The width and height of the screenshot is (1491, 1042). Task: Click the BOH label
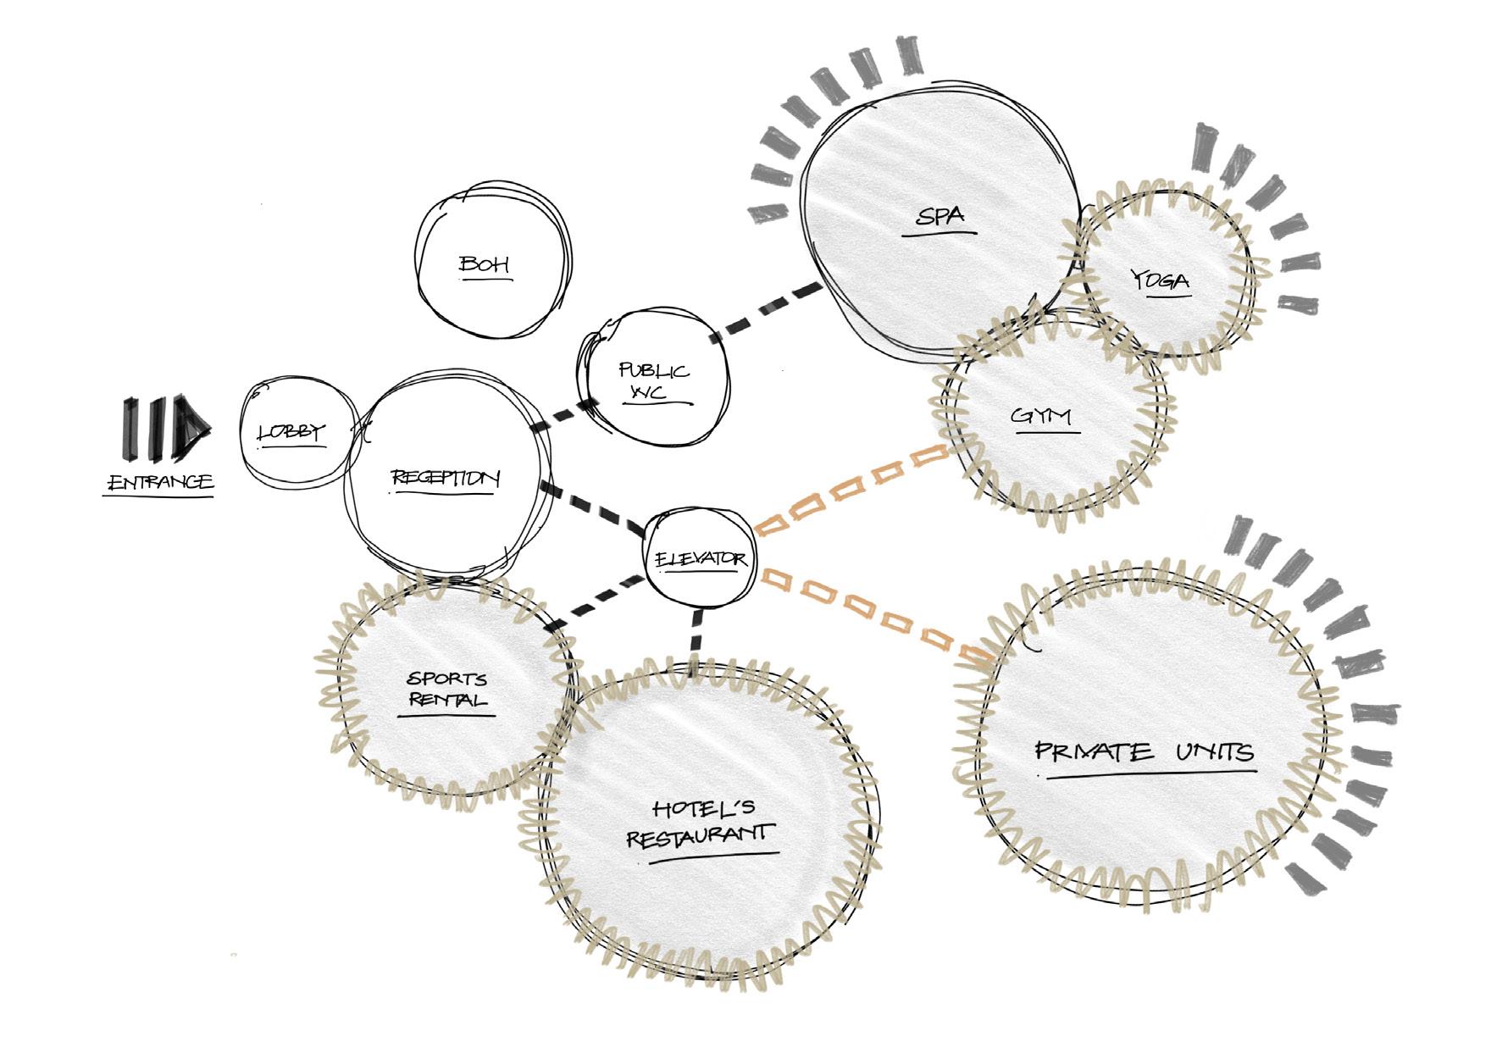pos(485,265)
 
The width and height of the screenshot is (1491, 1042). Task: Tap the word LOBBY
pos(291,432)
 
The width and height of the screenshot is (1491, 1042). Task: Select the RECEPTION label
pos(446,479)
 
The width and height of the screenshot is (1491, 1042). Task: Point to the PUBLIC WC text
pos(653,381)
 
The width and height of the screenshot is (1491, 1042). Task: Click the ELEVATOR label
pos(701,559)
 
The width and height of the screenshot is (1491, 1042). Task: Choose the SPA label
pos(940,216)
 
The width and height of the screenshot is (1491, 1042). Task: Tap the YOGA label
pos(1160,280)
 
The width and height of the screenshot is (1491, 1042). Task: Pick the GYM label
pos(1042,417)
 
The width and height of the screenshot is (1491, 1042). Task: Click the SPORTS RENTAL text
pos(447,690)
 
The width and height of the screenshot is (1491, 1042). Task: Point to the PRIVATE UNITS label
pos(1145,752)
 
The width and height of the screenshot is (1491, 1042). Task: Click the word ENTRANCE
pos(160,483)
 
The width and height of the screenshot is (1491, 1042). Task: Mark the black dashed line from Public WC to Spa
pos(767,309)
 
